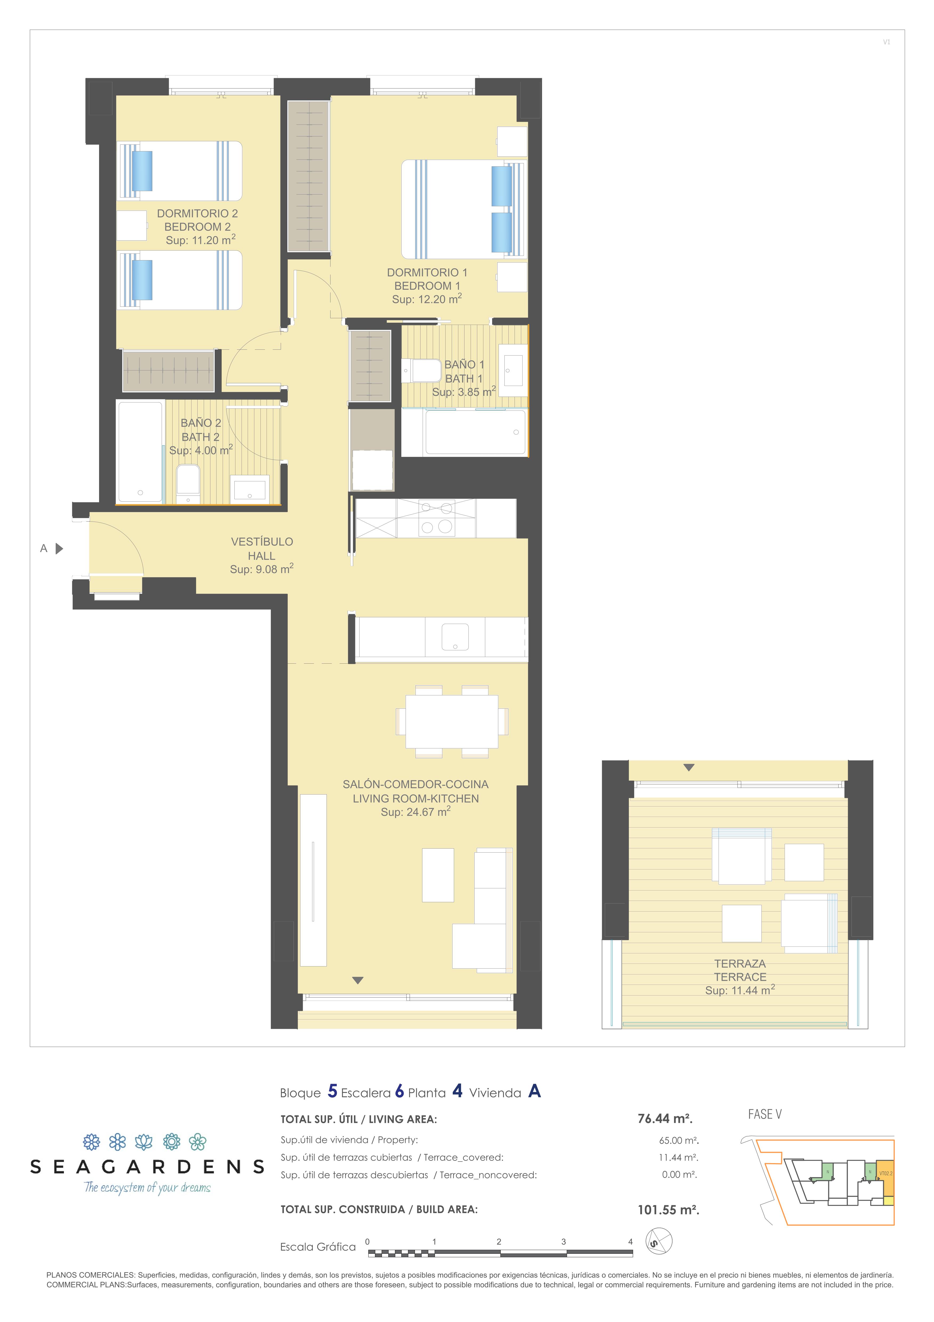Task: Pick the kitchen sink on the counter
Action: tap(455, 637)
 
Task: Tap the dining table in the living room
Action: tap(452, 722)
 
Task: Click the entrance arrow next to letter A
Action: tap(59, 549)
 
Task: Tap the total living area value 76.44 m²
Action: tap(665, 1119)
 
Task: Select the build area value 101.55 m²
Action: tap(668, 1210)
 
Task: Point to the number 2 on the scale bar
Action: tap(498, 1242)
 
